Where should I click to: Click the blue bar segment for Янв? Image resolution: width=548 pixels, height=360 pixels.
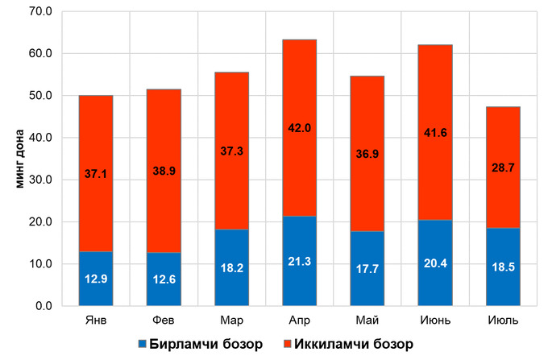click(x=95, y=290)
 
